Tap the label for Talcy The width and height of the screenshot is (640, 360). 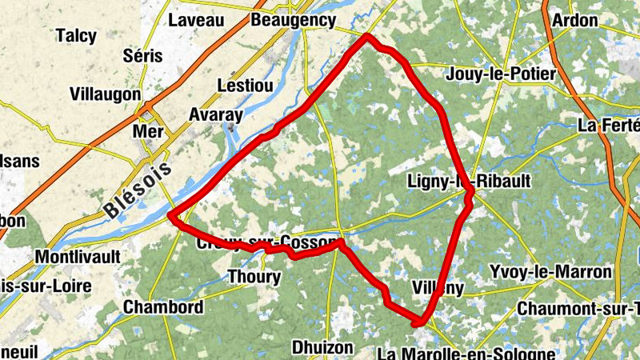pos(77,36)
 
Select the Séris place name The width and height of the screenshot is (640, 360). pos(143,56)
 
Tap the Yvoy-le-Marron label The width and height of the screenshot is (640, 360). pos(551,272)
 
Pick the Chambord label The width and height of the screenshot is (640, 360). pos(162,307)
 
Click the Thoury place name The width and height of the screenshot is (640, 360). pos(254,278)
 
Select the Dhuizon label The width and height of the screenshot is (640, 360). pos(322,347)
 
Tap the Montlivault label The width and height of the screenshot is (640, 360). pos(78,257)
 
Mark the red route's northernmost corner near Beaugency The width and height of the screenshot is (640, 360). pos(367,36)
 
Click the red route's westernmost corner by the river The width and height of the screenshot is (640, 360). pos(171,216)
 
